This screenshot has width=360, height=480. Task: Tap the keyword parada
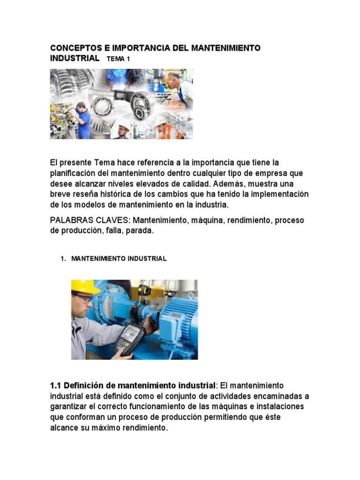point(140,231)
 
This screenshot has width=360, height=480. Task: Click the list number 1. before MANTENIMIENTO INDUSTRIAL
point(64,259)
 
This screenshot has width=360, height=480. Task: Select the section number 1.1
point(55,385)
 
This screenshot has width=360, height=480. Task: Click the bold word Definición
point(82,385)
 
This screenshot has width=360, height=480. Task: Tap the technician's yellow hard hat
point(84,286)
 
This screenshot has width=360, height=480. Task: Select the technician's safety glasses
point(83,298)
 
